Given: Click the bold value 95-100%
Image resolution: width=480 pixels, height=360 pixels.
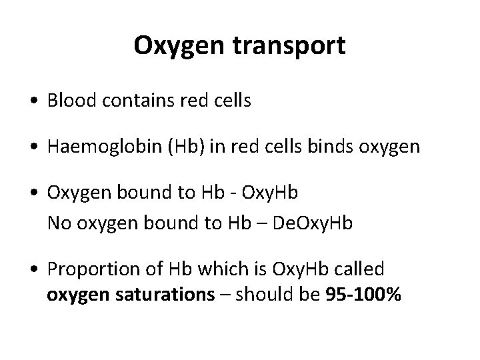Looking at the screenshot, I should click(363, 294).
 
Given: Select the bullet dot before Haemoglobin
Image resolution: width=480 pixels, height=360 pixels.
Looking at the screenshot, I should click(34, 147).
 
